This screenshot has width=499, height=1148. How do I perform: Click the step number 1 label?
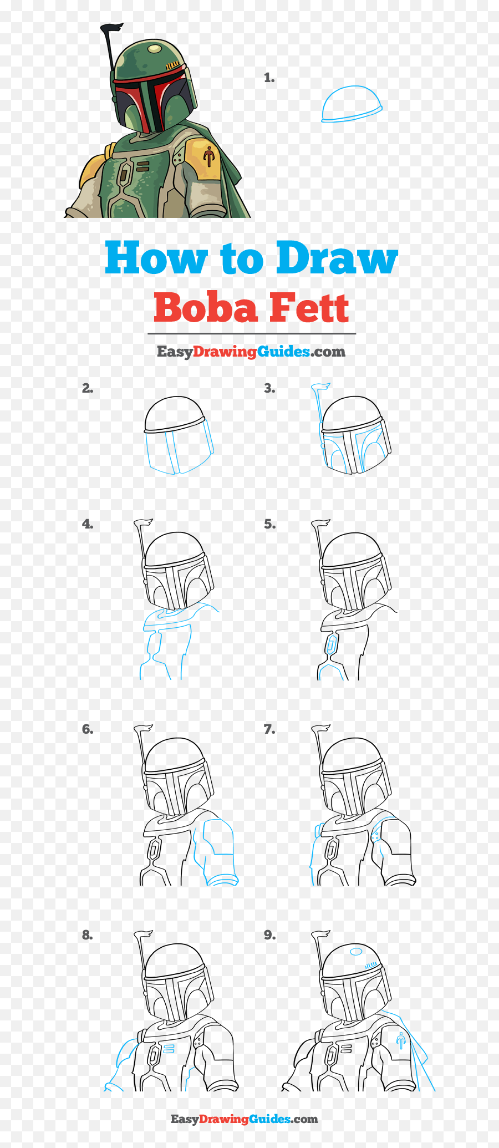point(269,78)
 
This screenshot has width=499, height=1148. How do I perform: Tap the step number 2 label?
point(88,388)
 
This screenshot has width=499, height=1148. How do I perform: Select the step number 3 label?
point(269,388)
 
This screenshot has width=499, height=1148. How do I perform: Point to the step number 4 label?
point(88,524)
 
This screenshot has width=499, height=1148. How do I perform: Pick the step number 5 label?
point(269,524)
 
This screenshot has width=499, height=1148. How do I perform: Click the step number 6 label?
point(88,729)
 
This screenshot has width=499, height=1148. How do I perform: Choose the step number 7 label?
point(269,729)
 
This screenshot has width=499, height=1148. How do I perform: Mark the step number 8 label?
point(88,935)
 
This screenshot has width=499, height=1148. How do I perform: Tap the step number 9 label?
point(269,935)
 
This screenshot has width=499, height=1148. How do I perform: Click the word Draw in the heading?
point(337,257)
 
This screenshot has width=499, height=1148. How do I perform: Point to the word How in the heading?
point(156,257)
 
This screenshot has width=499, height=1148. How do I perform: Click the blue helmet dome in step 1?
point(352,104)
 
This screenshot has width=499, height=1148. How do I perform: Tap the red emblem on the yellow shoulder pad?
point(208,156)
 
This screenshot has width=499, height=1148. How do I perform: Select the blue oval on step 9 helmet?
point(356,952)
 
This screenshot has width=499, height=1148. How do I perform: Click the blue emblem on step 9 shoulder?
point(401,1042)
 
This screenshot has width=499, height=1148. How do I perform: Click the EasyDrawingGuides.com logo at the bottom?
point(245,1119)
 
